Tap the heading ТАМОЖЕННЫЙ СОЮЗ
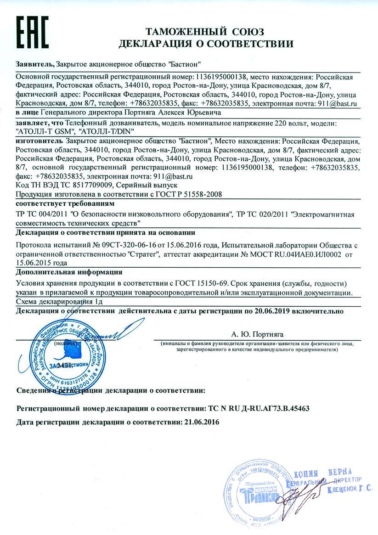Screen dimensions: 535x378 tap(205, 32)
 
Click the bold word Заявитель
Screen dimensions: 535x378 tap(34, 64)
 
